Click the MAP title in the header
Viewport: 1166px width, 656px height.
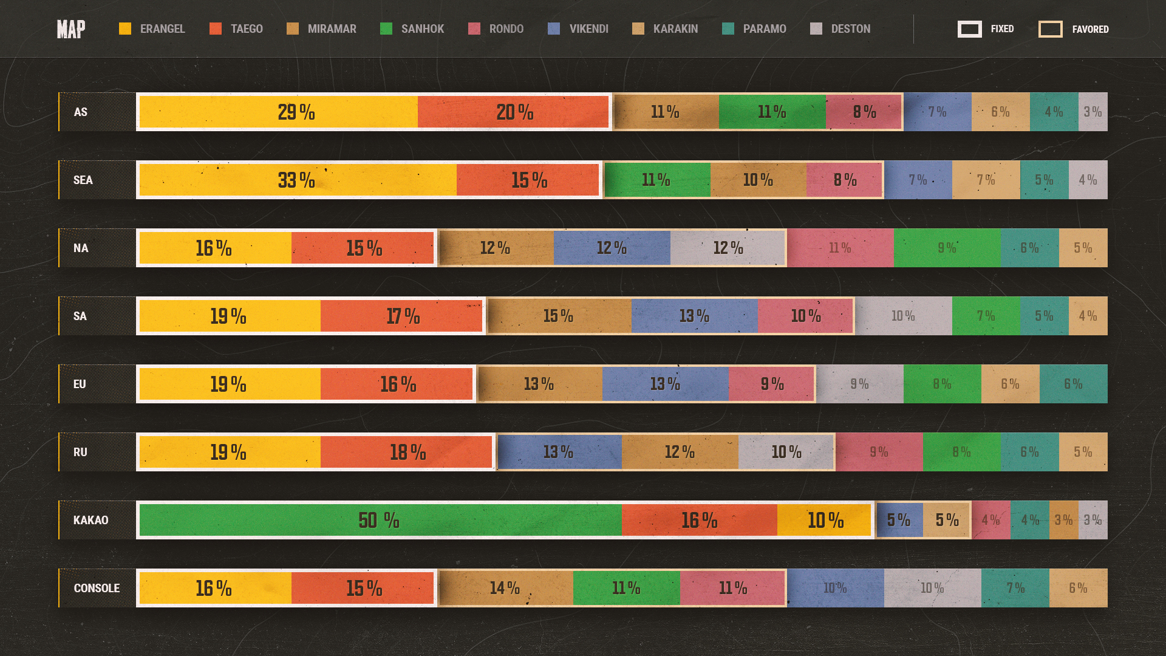tap(71, 29)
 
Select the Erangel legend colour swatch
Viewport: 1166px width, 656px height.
tap(125, 29)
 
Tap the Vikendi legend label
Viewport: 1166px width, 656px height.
tap(588, 29)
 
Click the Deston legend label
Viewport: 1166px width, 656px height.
tap(850, 29)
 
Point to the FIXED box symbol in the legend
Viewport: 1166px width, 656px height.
tap(969, 29)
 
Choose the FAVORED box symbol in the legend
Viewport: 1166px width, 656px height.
tap(1050, 29)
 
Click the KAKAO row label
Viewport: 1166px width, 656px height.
tap(90, 520)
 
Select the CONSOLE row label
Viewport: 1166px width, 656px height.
tap(97, 588)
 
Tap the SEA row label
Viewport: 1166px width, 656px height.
tap(83, 180)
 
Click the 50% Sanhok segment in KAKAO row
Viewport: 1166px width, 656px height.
tap(380, 520)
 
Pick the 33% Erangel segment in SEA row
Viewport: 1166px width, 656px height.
tap(297, 180)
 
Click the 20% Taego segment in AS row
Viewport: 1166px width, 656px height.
tap(514, 112)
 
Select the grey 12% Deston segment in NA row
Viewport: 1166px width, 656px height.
tap(728, 248)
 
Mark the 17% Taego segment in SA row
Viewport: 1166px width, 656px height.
tap(402, 316)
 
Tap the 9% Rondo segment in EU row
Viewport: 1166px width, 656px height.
tap(771, 384)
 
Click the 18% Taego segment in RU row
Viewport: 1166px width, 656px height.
tap(407, 452)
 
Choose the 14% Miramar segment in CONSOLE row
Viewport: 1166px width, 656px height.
tap(505, 588)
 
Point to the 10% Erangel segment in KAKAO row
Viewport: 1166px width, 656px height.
tap(825, 520)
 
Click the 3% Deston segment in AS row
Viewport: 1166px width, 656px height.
tap(1093, 112)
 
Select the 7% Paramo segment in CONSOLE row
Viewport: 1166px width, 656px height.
tap(1015, 588)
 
